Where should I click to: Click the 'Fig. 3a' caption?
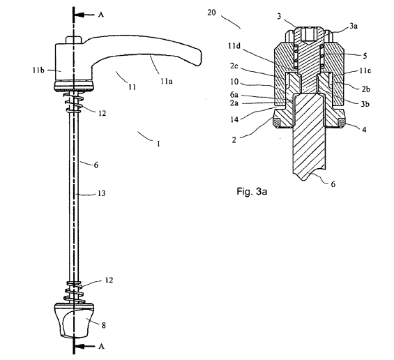[x=252, y=192]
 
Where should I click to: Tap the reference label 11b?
[x=38, y=70]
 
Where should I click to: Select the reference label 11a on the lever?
[x=167, y=81]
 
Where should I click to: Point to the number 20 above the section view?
[x=211, y=13]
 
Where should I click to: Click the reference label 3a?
[x=354, y=26]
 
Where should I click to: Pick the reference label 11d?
[x=234, y=46]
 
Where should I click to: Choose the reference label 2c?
[x=234, y=66]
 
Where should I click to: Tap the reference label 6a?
[x=234, y=94]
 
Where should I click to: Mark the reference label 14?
[x=234, y=119]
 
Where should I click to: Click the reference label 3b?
[x=365, y=104]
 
